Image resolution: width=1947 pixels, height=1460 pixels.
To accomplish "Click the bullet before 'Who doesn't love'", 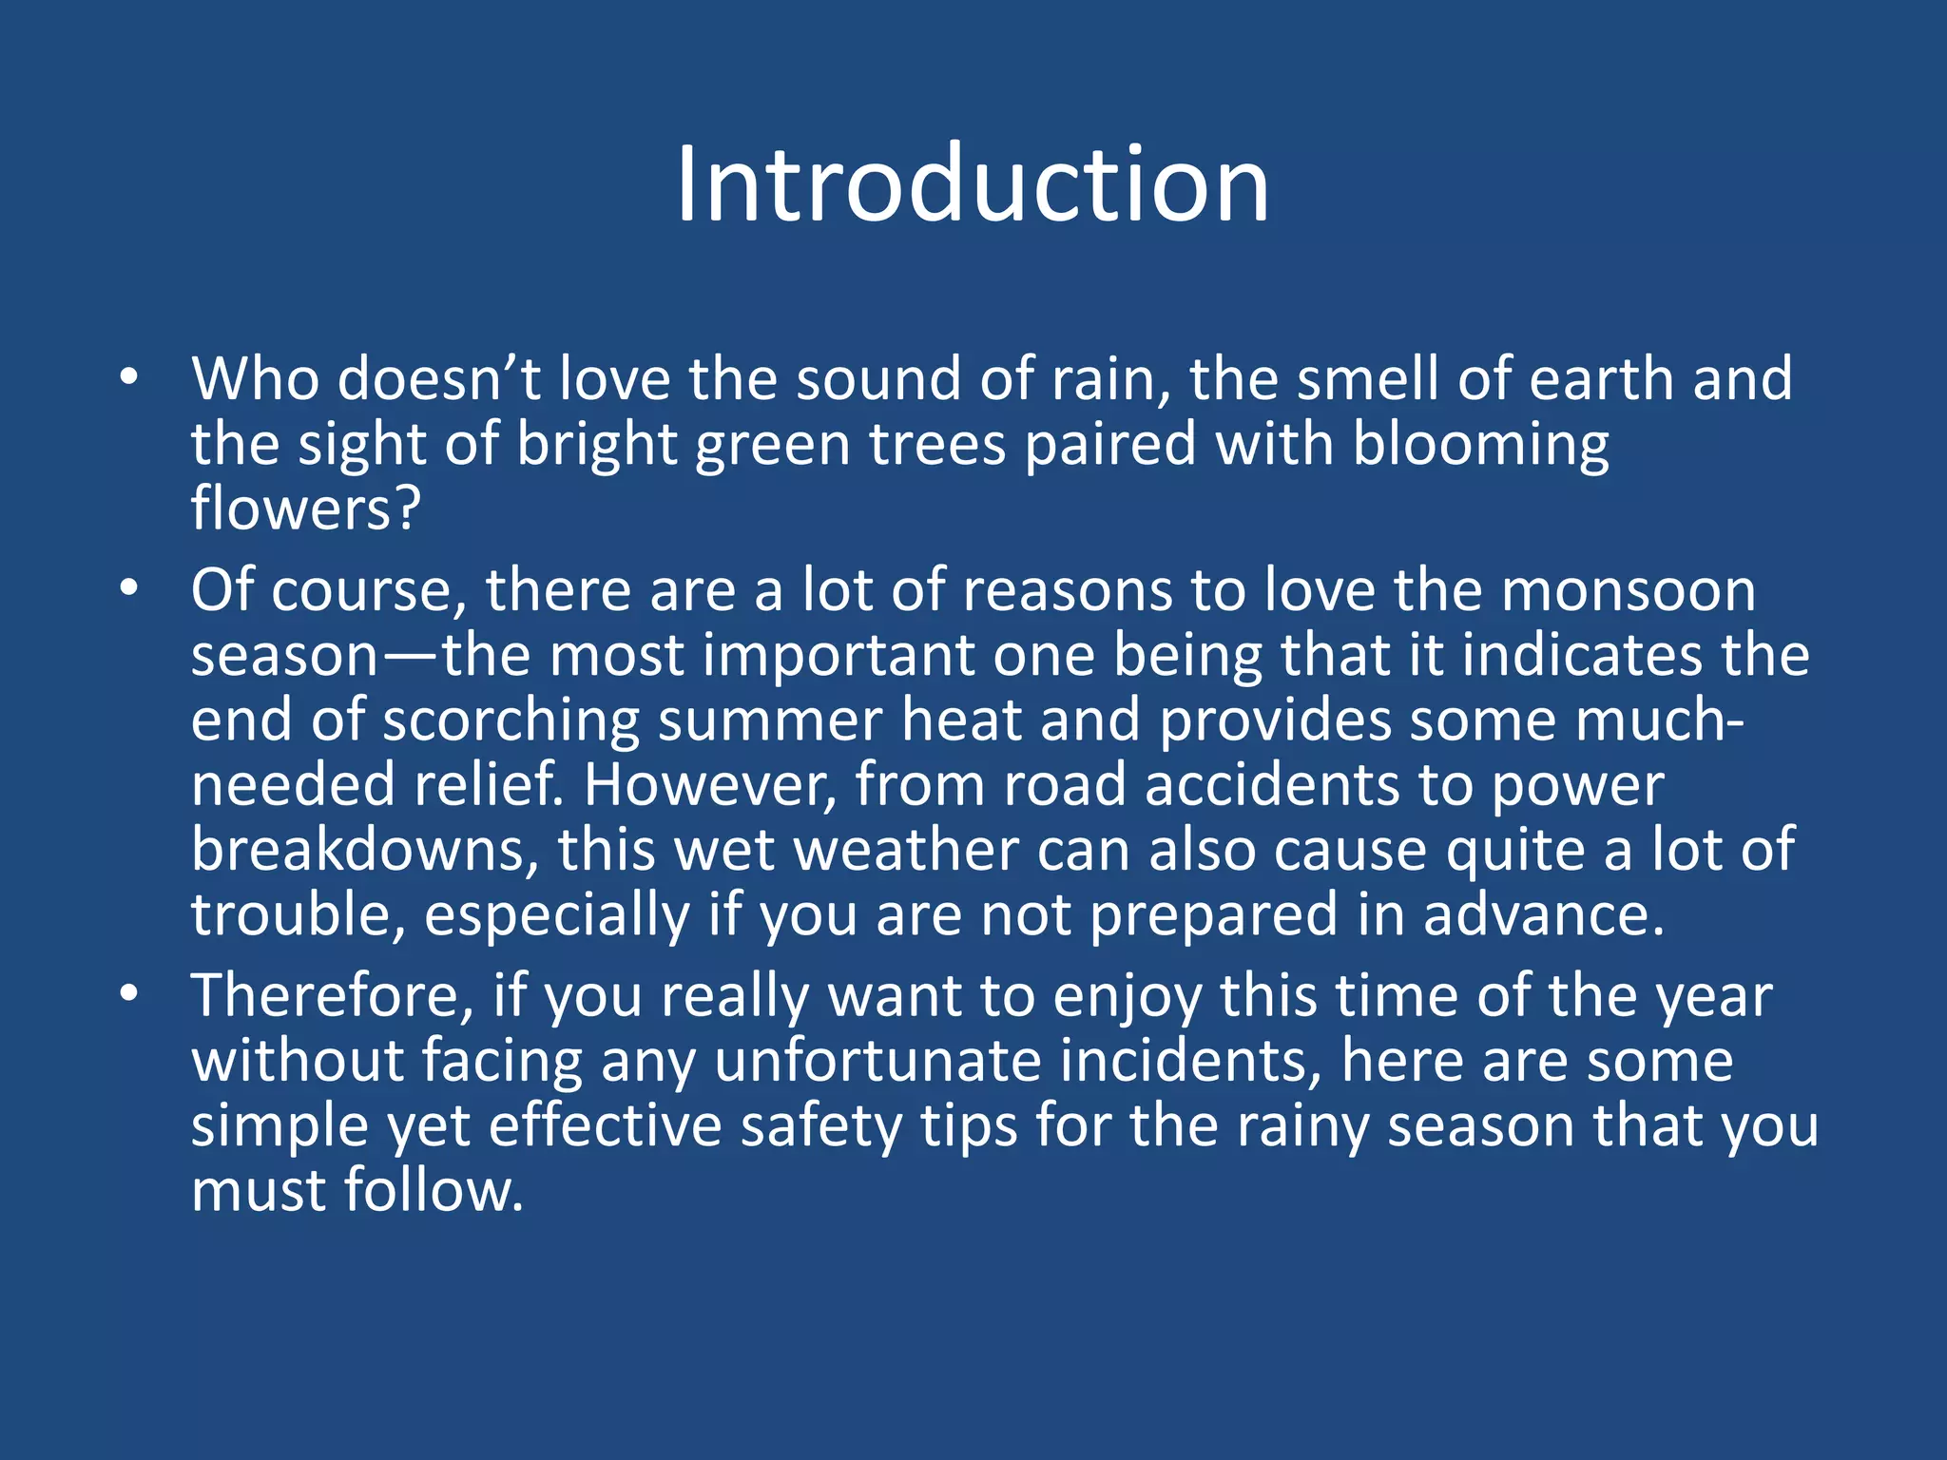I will point(129,378).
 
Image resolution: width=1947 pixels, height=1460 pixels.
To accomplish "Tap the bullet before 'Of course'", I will point(129,589).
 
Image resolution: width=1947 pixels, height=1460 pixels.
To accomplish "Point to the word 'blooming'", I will point(1480,445).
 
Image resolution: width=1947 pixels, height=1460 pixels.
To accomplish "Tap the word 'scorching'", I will point(525,721).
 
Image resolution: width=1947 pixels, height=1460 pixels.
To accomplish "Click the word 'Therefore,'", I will point(332,997).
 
